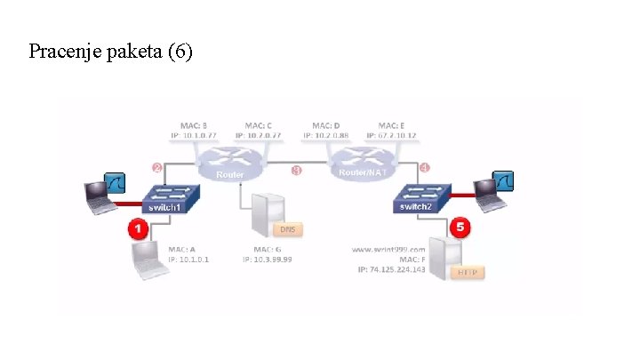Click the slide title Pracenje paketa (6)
[110, 52]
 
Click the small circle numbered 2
[157, 168]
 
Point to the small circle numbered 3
[297, 171]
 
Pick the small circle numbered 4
[425, 168]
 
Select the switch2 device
[418, 200]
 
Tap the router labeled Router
[230, 164]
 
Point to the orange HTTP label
[468, 271]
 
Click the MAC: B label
[194, 126]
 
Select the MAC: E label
[392, 126]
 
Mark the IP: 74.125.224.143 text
[392, 268]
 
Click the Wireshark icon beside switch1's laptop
[116, 184]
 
